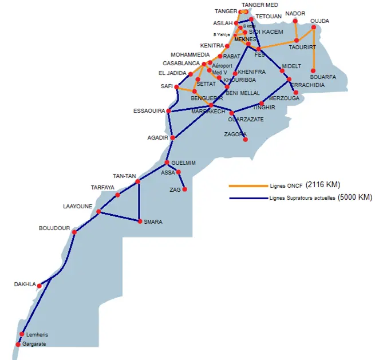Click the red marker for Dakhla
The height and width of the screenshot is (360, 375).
(x=40, y=286)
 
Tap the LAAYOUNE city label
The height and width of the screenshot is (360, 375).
(x=77, y=206)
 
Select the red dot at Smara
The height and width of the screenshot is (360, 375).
(x=140, y=221)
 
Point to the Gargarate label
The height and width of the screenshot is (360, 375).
(x=34, y=344)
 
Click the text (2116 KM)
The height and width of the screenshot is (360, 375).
(x=323, y=185)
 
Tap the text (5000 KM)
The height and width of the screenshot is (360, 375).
(x=355, y=197)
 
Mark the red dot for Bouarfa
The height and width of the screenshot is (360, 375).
(x=314, y=72)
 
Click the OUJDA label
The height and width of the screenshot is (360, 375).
(x=320, y=21)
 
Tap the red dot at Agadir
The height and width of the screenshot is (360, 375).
(x=172, y=137)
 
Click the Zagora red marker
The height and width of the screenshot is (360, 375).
(x=246, y=139)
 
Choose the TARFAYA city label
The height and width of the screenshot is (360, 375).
(x=103, y=187)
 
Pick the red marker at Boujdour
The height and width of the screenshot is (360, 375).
(x=74, y=232)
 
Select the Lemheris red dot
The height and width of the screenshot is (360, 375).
(x=22, y=334)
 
